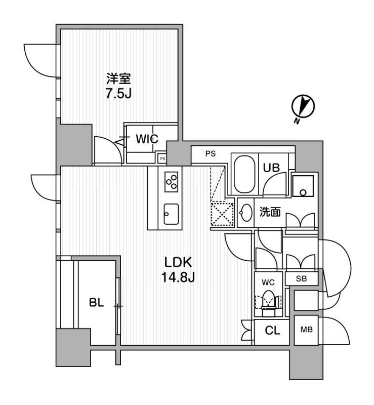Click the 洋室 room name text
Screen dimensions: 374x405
click(119, 79)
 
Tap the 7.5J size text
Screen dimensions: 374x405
click(118, 94)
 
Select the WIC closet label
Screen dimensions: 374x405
click(147, 139)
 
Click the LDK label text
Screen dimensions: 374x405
click(178, 262)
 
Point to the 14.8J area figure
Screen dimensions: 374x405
click(178, 277)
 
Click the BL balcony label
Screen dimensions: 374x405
click(96, 302)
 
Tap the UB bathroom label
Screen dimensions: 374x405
click(271, 168)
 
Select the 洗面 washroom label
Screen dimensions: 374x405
click(270, 212)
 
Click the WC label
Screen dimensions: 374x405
click(268, 282)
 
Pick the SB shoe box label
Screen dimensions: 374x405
click(301, 279)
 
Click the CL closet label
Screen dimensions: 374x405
click(272, 331)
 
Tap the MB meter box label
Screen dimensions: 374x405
click(307, 330)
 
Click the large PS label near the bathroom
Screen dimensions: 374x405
click(211, 154)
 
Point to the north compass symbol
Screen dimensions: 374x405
click(303, 107)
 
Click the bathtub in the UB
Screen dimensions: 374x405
click(244, 174)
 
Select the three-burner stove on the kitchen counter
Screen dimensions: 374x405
click(171, 182)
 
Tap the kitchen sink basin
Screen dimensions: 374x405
click(171, 214)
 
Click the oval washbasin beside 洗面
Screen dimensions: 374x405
click(246, 213)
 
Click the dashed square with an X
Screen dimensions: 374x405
click(222, 214)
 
